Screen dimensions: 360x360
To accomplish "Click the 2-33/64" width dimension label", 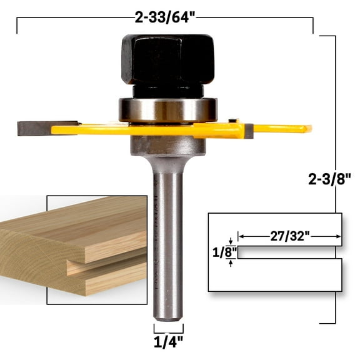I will point(164,17).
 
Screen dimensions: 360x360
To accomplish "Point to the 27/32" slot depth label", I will point(290,236).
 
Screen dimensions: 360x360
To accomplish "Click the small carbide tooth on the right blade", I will point(249,130).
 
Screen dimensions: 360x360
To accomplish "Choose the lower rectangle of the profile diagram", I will point(275,275).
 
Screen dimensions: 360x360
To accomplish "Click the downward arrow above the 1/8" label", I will point(231,241).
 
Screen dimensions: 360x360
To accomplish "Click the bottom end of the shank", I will point(168,317).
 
